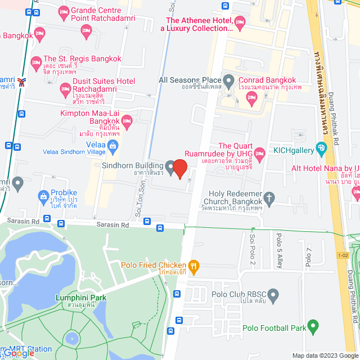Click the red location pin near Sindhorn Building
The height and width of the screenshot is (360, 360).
click(x=179, y=168)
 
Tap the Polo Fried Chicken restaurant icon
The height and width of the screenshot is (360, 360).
click(x=193, y=265)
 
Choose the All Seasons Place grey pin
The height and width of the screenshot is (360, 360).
click(x=229, y=81)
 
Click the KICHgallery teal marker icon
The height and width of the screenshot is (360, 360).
click(x=321, y=150)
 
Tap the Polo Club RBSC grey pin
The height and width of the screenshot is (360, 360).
click(x=273, y=294)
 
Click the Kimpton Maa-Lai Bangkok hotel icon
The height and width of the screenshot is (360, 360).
click(x=127, y=119)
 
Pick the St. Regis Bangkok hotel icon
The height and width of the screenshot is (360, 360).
click(x=36, y=61)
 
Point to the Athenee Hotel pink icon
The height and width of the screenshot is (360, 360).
click(x=240, y=23)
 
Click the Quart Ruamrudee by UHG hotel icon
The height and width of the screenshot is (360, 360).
click(x=259, y=153)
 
